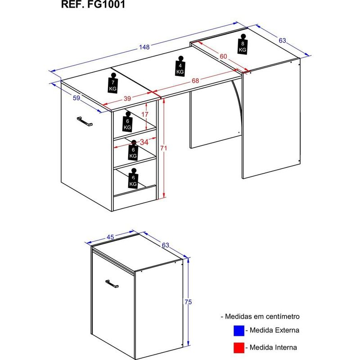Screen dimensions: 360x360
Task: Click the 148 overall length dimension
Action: tap(144, 47)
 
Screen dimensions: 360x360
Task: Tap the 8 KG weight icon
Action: tap(243, 44)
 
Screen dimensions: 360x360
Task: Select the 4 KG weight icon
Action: tap(180, 66)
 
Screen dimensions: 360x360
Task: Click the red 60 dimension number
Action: tap(223, 56)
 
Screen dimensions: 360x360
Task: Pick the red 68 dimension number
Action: tap(195, 81)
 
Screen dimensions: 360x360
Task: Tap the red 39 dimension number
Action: tap(127, 99)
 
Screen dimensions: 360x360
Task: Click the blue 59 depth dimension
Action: tap(76, 98)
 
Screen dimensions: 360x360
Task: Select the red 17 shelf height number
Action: tap(144, 114)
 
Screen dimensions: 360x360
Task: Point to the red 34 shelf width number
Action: tap(144, 142)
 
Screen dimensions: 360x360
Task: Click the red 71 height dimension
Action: tap(163, 148)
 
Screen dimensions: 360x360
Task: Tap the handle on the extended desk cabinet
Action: tap(85, 121)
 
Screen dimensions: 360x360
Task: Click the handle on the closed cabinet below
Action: tap(112, 284)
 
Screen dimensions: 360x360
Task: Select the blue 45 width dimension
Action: tap(110, 237)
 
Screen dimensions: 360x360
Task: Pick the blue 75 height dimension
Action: tap(188, 302)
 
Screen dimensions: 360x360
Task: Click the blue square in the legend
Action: tap(239, 331)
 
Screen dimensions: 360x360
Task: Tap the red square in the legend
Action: tap(239, 348)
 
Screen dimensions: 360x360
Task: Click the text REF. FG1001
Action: tap(93, 4)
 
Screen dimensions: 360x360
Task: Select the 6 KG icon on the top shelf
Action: tap(127, 121)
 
